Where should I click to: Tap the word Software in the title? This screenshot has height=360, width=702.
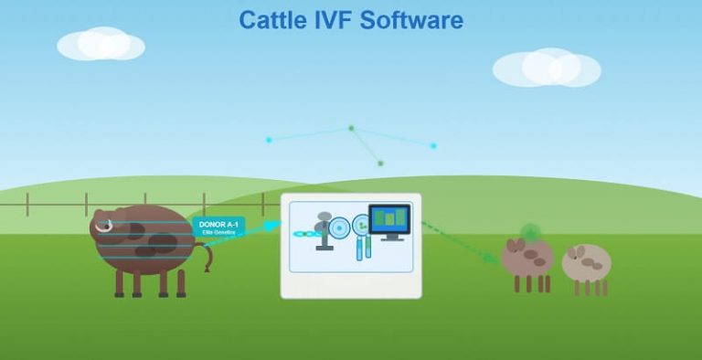tap(416, 19)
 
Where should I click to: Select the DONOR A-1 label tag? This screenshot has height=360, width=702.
tap(219, 228)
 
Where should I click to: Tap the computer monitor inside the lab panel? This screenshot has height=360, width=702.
tap(388, 219)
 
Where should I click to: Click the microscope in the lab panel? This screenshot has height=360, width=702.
tap(323, 231)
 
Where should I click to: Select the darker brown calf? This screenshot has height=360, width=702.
tap(527, 258)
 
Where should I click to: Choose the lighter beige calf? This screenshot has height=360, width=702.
tap(586, 263)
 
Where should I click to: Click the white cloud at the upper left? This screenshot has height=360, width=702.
tap(101, 44)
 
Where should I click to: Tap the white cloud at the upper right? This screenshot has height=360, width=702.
tap(547, 68)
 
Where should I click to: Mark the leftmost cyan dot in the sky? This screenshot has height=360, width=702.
tap(269, 140)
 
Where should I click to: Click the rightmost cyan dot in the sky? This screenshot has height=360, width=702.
tap(433, 145)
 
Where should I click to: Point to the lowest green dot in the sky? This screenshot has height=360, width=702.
tap(380, 164)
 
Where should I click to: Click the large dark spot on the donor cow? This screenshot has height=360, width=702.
tap(162, 242)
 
